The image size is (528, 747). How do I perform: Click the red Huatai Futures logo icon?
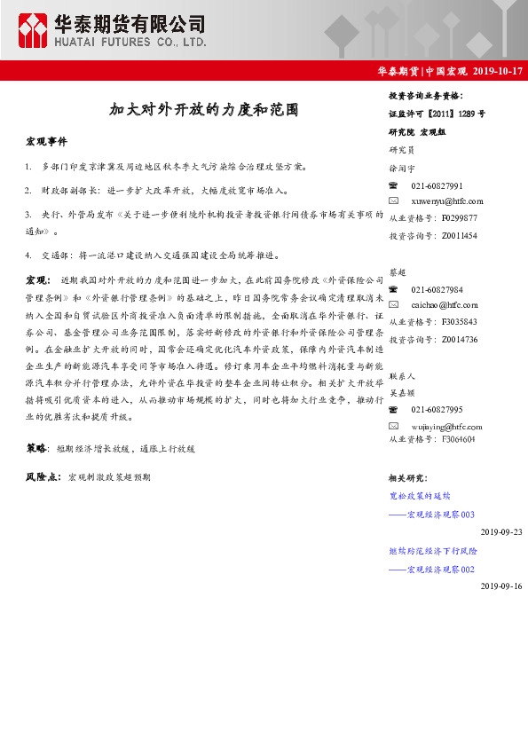(x=34, y=30)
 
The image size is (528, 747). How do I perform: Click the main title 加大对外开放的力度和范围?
(x=203, y=112)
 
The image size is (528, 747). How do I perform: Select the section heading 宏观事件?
(x=46, y=142)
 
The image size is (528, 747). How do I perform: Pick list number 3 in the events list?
(x=29, y=215)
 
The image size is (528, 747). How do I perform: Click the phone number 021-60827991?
(x=437, y=186)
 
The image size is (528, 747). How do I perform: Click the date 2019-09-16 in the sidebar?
(x=501, y=586)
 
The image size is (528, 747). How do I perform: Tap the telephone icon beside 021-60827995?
(x=395, y=409)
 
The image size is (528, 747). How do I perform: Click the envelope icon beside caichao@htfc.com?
(x=395, y=306)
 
